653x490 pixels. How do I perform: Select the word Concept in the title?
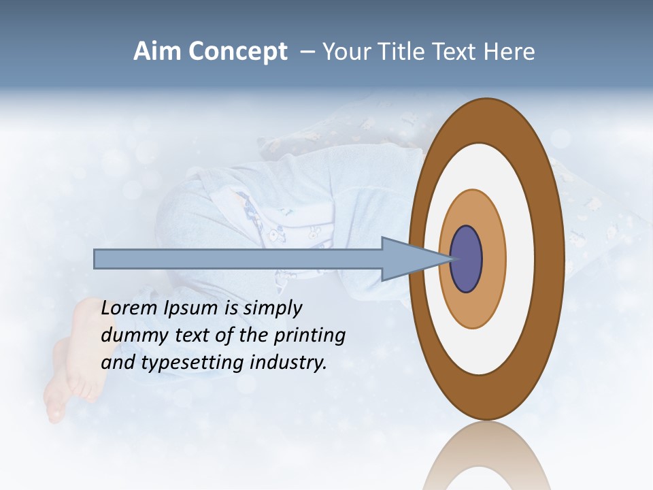coord(239,52)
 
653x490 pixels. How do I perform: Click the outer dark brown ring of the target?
coord(552,259)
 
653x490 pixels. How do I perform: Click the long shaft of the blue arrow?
coord(238,259)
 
